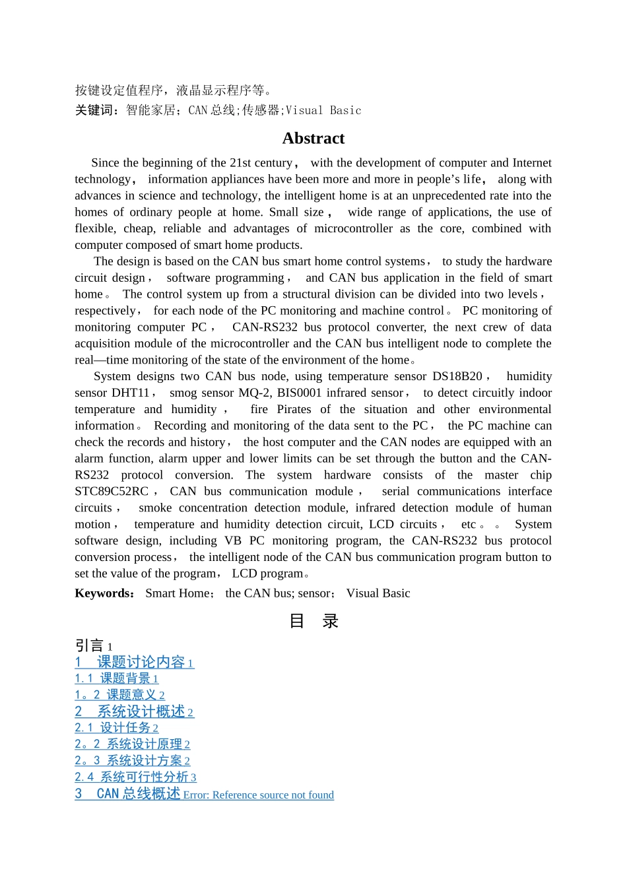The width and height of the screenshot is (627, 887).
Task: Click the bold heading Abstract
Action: (313, 139)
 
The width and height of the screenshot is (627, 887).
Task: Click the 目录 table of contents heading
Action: (313, 621)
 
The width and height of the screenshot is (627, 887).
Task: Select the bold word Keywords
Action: (104, 593)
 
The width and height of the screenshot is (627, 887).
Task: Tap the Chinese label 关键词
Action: (95, 110)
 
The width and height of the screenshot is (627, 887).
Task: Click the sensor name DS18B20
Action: (457, 376)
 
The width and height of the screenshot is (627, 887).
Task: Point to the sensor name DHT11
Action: (131, 393)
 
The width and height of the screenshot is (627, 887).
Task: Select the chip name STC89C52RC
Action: (112, 491)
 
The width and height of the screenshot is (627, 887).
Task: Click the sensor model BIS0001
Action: (299, 393)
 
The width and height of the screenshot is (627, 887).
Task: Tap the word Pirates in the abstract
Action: (294, 409)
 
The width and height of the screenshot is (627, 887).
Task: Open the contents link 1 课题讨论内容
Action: (134, 662)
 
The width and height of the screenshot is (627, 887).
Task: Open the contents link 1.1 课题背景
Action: (116, 678)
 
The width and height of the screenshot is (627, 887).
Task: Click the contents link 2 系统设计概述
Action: (134, 711)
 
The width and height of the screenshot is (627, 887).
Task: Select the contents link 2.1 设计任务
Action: (116, 728)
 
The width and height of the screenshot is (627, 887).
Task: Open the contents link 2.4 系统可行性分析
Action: (135, 777)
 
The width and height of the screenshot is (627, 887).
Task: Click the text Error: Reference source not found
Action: (259, 795)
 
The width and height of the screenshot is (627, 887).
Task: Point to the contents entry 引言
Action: (90, 645)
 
